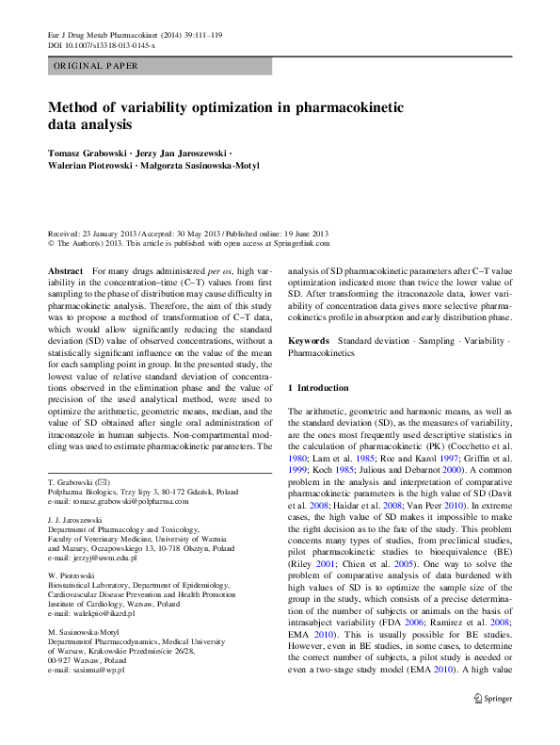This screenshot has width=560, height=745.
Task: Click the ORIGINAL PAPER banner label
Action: point(96,66)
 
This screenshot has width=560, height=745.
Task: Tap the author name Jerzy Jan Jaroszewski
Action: point(181,152)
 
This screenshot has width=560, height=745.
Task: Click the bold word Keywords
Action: point(308,339)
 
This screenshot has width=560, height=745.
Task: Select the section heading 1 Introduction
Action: point(317,388)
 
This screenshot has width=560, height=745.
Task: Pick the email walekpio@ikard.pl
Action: point(104,612)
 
